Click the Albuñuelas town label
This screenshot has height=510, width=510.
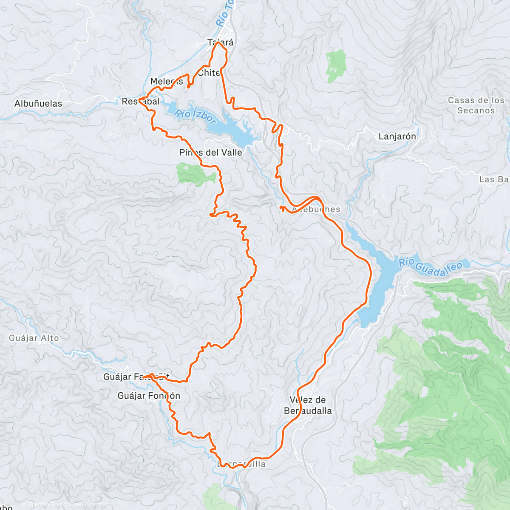pos(38,104)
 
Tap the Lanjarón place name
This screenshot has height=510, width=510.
pos(397,136)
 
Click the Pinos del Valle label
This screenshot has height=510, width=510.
pos(211,153)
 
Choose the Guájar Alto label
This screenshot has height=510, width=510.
pos(34,338)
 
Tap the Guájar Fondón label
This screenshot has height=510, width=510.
pos(149,396)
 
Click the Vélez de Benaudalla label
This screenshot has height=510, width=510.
pos(308,405)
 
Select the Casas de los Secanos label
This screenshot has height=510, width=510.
pos(476,105)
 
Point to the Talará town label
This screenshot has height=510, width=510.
pos(220,42)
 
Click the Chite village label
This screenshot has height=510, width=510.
pos(209,73)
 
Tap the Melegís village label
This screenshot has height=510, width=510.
pos(167,82)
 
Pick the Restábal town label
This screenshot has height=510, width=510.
pos(141,102)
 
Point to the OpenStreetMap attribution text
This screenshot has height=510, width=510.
pos(87,504)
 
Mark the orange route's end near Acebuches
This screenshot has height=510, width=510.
pos(281,208)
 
